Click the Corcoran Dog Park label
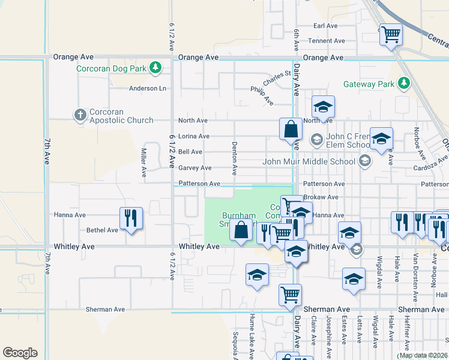click(x=112, y=68)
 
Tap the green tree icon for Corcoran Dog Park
click(x=156, y=67)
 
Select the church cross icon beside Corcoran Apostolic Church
click(x=80, y=115)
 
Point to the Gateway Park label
click(x=369, y=85)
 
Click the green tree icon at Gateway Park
click(x=405, y=83)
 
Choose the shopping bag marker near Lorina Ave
click(x=291, y=129)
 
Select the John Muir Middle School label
click(x=309, y=161)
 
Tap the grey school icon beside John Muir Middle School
click(x=364, y=160)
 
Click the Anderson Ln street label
click(x=148, y=88)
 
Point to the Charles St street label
click(x=277, y=78)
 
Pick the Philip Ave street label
click(x=262, y=95)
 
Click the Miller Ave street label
click(x=144, y=163)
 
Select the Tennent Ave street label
click(x=327, y=41)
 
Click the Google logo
click(x=20, y=353)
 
